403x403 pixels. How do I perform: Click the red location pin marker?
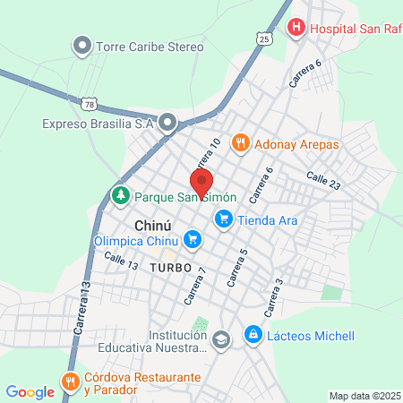coord(201,181)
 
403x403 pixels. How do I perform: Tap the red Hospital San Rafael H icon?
coord(296,29)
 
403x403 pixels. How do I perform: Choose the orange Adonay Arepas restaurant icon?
coord(240,142)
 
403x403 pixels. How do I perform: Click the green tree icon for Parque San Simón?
coord(119,194)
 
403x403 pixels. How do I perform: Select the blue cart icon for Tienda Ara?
coord(224,219)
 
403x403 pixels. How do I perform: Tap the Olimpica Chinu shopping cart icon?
coord(192,239)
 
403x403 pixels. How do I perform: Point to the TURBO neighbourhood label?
coord(172,268)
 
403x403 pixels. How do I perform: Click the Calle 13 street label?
coord(120,261)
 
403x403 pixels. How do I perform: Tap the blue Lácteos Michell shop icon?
coord(253,335)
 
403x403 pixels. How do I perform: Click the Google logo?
coord(30,391)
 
